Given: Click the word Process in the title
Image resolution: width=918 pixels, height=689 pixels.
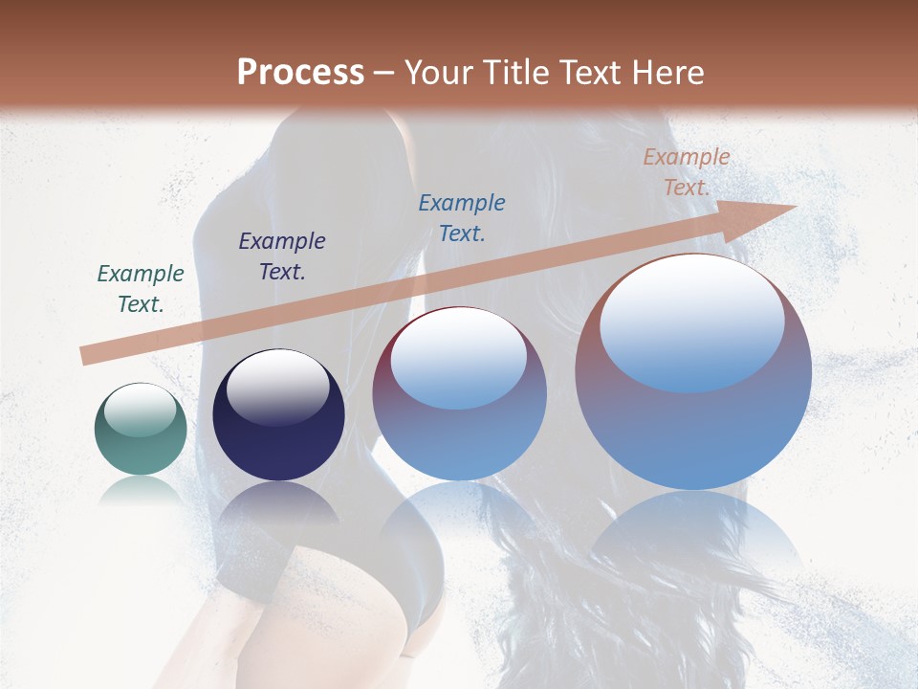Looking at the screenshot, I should pos(300,73).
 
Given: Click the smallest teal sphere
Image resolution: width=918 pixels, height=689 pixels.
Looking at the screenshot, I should pos(141,430).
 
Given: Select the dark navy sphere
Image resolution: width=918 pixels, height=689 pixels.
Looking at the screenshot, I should pos(278,415).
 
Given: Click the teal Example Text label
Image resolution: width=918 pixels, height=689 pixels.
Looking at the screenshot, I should pos(141,289).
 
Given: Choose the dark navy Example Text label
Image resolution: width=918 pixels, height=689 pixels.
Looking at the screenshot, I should pos(282,256).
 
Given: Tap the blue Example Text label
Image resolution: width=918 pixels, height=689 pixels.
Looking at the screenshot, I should pos(462,217).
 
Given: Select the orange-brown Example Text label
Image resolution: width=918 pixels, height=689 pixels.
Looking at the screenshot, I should pos(687,172).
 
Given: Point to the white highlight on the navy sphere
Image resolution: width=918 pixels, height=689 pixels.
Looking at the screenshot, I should pos(278,387).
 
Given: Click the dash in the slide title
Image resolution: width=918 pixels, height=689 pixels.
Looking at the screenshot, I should pos(384,74).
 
